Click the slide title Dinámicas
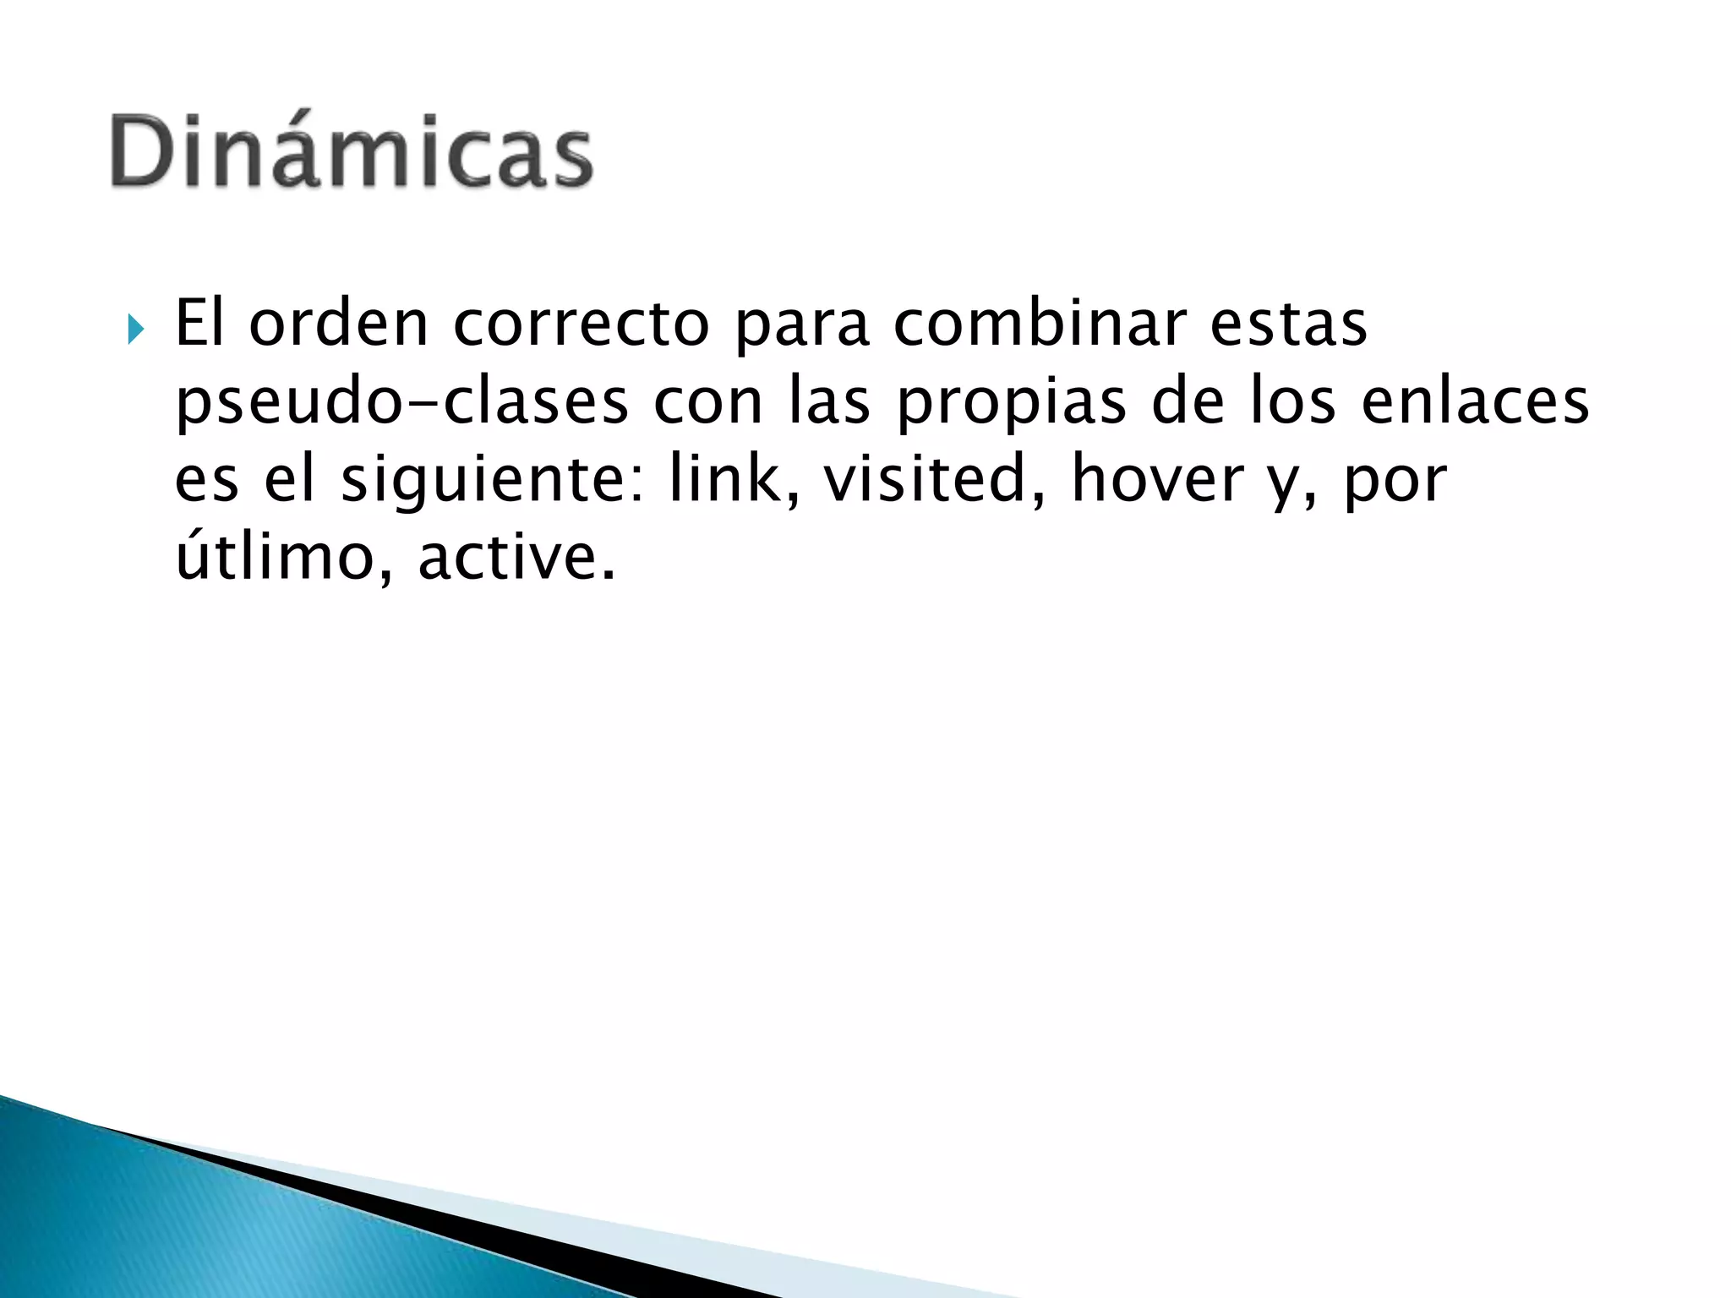click(x=352, y=150)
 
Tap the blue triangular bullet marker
click(x=136, y=329)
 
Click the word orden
click(x=339, y=324)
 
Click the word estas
click(x=1287, y=324)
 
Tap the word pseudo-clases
click(x=402, y=402)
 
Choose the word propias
click(x=1011, y=402)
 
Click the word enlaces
click(x=1475, y=402)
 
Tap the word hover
click(x=1159, y=478)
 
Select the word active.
click(x=516, y=558)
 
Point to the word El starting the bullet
click(x=199, y=324)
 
